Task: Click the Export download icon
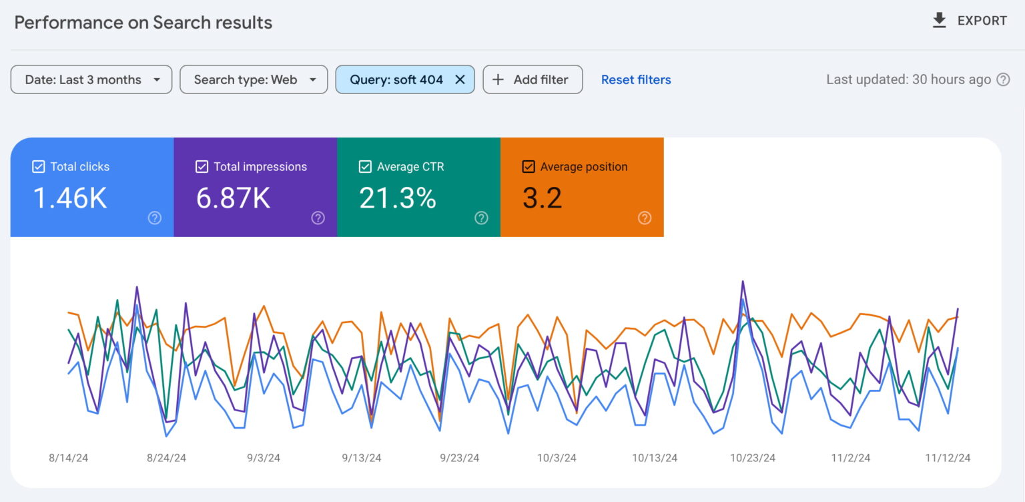pyautogui.click(x=940, y=21)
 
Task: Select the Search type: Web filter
pyautogui.click(x=254, y=79)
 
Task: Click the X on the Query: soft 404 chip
pyautogui.click(x=460, y=79)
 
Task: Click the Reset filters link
pyautogui.click(x=636, y=79)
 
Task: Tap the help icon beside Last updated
pyautogui.click(x=1003, y=79)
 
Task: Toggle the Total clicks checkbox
pyautogui.click(x=39, y=167)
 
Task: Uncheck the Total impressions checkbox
pyautogui.click(x=202, y=167)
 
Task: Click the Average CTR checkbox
pyautogui.click(x=365, y=167)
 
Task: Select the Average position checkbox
pyautogui.click(x=529, y=167)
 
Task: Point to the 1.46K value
pyautogui.click(x=70, y=198)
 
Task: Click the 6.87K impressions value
pyautogui.click(x=234, y=198)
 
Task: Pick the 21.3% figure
pyautogui.click(x=398, y=198)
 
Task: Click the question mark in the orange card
pyautogui.click(x=645, y=218)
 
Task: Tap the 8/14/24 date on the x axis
pyautogui.click(x=69, y=458)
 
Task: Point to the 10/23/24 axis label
pyautogui.click(x=753, y=458)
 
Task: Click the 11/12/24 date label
pyautogui.click(x=948, y=458)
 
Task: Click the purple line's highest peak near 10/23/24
pyautogui.click(x=743, y=282)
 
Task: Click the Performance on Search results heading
pyautogui.click(x=143, y=22)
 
